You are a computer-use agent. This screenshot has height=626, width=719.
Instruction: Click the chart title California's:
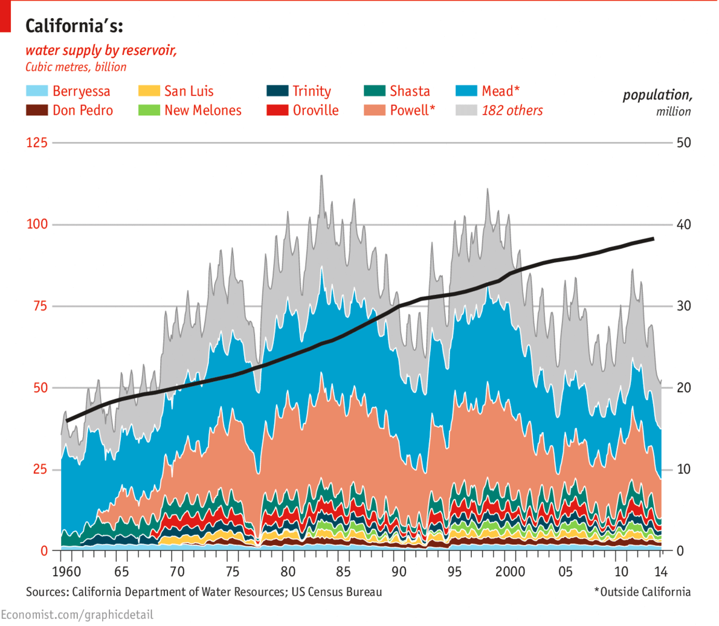tap(74, 27)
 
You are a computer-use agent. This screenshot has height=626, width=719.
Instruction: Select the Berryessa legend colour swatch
tap(36, 91)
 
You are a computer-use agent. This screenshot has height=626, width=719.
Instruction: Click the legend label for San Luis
tap(189, 91)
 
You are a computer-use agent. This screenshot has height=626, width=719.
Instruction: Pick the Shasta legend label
tap(410, 91)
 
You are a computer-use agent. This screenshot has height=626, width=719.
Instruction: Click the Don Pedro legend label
tap(82, 111)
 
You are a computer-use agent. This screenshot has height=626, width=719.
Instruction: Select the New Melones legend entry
tap(202, 111)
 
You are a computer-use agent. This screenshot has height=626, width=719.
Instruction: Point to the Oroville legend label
tap(315, 111)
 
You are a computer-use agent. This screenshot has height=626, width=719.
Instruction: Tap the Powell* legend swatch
tap(375, 111)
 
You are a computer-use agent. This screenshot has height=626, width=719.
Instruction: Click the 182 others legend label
tap(512, 111)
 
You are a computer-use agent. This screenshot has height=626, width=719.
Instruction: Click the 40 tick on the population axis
tap(684, 225)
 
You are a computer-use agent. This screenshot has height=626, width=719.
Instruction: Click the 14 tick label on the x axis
tap(662, 572)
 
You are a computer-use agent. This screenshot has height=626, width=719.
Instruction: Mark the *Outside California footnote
tap(642, 592)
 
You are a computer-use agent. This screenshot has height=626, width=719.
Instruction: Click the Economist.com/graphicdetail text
tap(77, 615)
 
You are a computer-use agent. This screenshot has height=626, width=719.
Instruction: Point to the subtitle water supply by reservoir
tap(101, 50)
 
